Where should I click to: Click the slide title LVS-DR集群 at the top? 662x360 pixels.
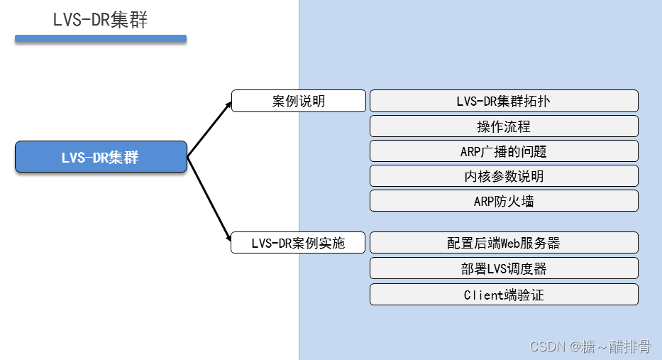100,20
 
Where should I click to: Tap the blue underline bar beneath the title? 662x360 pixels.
101,38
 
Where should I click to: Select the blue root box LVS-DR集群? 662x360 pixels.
101,157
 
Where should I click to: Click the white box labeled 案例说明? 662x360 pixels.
299,101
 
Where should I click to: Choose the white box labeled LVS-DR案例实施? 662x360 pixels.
299,243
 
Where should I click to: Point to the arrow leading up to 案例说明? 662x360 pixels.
209,129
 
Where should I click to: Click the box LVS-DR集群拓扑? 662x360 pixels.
504,101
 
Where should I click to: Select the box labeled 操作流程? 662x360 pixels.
504,126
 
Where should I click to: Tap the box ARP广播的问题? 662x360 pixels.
504,151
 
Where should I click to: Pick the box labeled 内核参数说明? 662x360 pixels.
504,176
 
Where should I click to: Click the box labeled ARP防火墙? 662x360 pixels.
504,201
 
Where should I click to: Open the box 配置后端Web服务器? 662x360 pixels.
504,243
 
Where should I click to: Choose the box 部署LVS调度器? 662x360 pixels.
504,268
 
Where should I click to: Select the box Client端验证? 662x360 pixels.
504,295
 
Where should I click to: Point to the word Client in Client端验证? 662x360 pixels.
485,295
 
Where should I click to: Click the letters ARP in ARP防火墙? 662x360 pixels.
485,201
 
